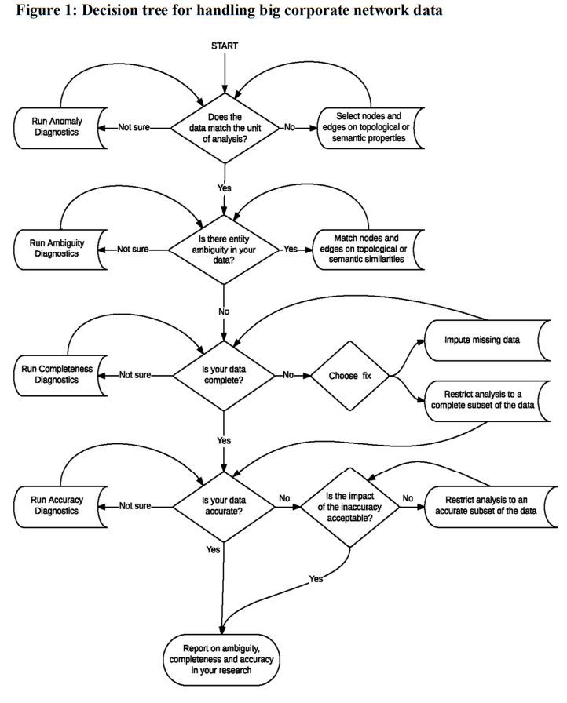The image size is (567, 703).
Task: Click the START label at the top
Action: (x=225, y=46)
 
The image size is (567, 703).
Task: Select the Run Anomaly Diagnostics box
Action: (x=59, y=126)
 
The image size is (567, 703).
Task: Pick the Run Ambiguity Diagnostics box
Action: (x=59, y=249)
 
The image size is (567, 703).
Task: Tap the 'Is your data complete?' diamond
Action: (x=224, y=375)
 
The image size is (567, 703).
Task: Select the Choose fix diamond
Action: (x=351, y=375)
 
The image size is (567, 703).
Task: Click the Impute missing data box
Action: (x=481, y=341)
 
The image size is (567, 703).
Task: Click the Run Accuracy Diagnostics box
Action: (x=59, y=505)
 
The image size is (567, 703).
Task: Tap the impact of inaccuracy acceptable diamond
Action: (x=348, y=505)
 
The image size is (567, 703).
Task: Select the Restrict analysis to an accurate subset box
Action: (x=491, y=505)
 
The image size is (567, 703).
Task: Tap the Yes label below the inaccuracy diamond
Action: (x=316, y=578)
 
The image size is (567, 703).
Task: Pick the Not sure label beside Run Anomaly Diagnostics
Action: (x=134, y=127)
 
